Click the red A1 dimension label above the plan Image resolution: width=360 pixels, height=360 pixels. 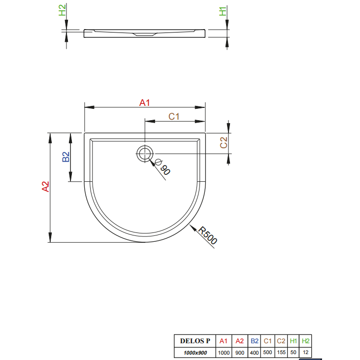144,102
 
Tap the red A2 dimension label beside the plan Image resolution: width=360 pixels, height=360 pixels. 45,187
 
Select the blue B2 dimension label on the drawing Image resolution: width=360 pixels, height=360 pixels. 66,157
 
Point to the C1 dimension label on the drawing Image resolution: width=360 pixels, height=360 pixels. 174,116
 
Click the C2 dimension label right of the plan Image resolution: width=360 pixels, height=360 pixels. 224,143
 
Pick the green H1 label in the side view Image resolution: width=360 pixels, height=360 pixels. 223,11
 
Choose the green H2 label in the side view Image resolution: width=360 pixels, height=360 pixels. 62,10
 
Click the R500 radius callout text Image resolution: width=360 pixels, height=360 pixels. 207,235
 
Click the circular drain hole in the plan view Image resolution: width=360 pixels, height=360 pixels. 145,154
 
